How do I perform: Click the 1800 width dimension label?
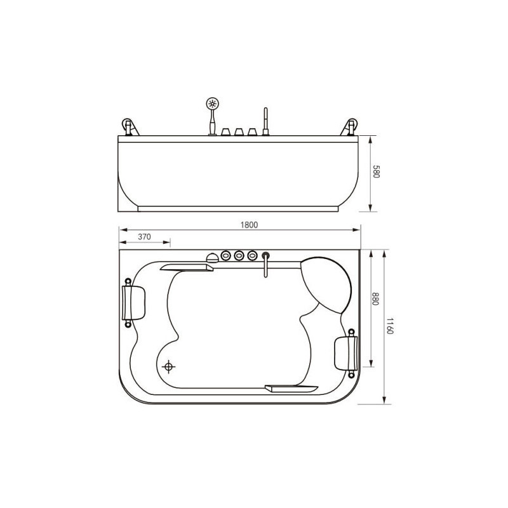pos(249,225)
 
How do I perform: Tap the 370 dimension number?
pos(144,237)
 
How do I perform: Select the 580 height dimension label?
pos(376,171)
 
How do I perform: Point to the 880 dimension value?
pos(375,298)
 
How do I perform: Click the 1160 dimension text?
pos(390,326)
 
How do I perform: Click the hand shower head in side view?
pos(213,104)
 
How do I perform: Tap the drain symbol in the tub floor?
pos(168,367)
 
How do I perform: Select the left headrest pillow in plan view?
pos(133,303)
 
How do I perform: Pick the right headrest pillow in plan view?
pos(346,353)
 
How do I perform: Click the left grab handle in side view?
pos(130,127)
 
